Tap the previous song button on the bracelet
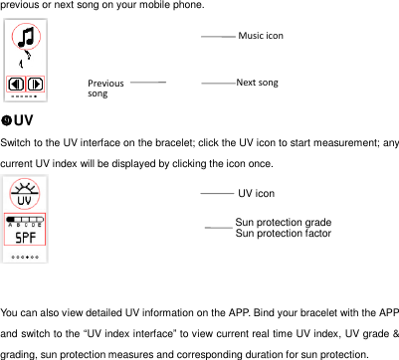(x=16, y=85)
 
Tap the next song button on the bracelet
(x=35, y=85)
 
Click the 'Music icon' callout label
(x=261, y=35)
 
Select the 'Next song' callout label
(x=257, y=82)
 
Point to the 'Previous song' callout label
(x=105, y=89)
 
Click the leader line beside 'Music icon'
(x=218, y=35)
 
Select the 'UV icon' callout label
(x=257, y=192)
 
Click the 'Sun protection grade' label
(x=283, y=222)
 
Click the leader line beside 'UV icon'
(x=216, y=192)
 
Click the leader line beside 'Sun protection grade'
(x=217, y=228)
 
